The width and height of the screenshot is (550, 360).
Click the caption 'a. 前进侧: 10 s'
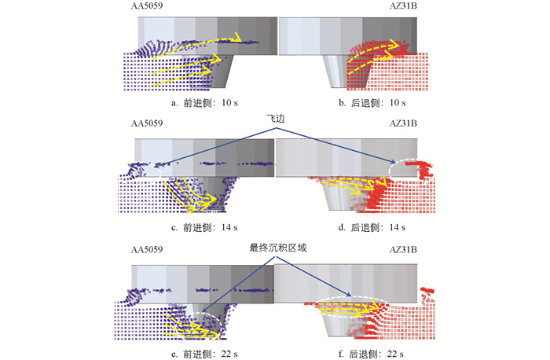tap(204, 103)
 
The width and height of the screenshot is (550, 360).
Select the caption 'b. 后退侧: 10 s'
tap(372, 103)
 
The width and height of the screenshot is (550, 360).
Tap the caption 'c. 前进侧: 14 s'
tap(204, 227)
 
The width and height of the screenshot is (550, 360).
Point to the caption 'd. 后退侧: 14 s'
tap(372, 227)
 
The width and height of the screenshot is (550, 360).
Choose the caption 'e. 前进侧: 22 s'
tap(204, 354)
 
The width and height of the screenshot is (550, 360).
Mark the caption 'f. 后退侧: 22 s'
tap(371, 354)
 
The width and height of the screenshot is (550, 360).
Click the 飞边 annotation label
tap(276, 119)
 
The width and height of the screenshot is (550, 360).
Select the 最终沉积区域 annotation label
tap(278, 248)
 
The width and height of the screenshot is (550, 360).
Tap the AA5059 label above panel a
tap(147, 6)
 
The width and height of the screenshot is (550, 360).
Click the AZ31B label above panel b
tap(403, 6)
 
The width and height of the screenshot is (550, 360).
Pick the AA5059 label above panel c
tap(147, 123)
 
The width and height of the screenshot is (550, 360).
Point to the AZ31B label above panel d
tap(403, 123)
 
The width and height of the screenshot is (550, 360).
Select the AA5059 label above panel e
tap(147, 249)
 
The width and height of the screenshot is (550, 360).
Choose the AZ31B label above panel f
tap(403, 249)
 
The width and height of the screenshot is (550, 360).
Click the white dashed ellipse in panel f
tap(352, 298)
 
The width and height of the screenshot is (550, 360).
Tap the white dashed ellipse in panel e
tap(207, 313)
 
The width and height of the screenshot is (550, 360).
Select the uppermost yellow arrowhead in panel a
tap(237, 37)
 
